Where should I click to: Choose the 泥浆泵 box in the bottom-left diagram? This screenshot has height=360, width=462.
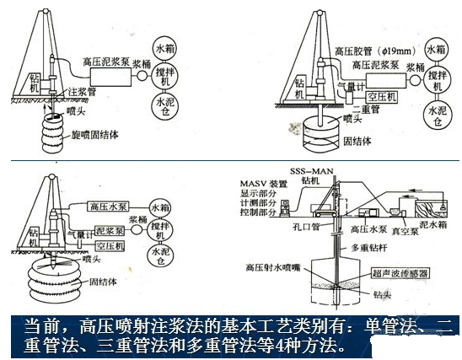click(107, 228)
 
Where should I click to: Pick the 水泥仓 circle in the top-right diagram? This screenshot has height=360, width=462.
click(435, 114)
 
